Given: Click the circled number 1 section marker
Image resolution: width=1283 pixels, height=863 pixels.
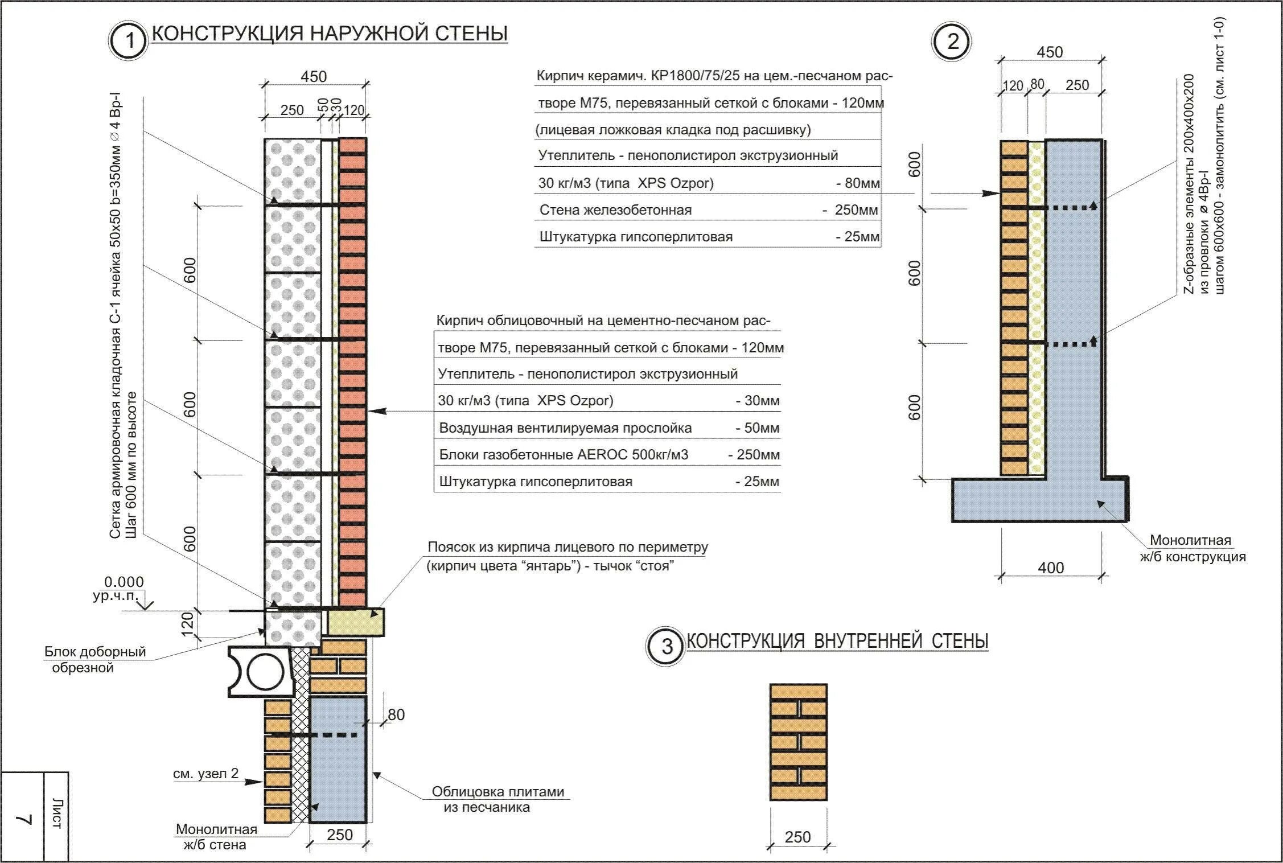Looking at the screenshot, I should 129,40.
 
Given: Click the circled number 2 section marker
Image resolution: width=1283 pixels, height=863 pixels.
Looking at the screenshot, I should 952,42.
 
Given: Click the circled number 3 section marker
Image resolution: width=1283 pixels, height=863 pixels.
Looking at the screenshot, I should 666,647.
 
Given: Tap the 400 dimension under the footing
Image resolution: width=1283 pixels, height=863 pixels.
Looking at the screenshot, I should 1051,568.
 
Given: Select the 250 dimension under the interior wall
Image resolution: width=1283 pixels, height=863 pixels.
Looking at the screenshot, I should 797,837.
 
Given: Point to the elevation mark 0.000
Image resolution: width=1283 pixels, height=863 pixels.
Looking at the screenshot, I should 124,582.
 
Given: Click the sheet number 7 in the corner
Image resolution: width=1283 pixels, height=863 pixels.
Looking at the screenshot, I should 23,820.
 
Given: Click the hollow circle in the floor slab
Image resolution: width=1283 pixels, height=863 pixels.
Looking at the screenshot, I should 265,672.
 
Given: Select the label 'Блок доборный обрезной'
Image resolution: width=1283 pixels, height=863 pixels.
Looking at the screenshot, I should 95,659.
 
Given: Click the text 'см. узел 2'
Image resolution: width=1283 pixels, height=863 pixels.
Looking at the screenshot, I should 205,774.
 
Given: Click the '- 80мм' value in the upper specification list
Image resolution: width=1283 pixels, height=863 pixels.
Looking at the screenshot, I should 858,183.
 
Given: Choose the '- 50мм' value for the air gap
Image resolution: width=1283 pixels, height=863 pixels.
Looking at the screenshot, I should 758,428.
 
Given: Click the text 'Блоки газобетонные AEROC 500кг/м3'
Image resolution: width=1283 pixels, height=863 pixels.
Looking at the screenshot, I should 564,455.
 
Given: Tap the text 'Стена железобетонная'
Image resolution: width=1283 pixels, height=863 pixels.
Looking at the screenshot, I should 615,210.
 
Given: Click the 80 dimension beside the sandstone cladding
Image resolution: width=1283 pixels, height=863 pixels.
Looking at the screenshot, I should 396,714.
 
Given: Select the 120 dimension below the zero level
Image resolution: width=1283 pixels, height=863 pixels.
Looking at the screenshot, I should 188,622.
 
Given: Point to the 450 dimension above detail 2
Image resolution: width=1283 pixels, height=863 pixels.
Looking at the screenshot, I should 1050,52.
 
